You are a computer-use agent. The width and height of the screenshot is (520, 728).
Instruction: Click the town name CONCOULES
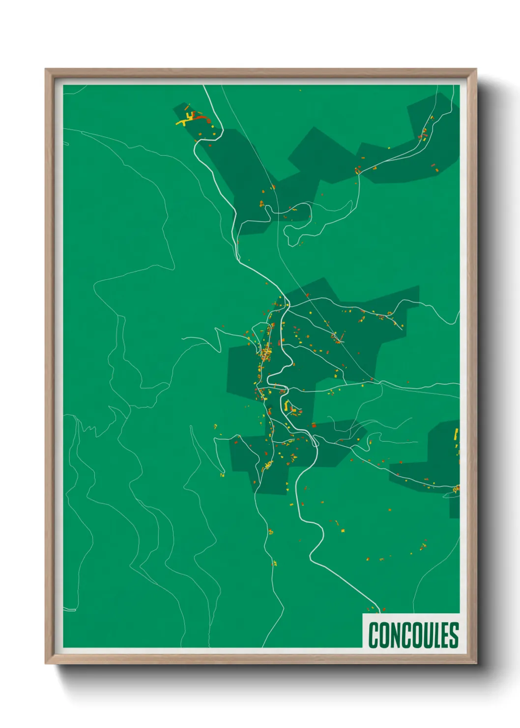413,635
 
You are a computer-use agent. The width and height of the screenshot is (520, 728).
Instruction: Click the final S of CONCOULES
453,635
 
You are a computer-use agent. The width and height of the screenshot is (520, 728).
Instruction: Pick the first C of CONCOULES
374,635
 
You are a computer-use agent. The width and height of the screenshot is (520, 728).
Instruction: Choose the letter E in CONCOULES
443,635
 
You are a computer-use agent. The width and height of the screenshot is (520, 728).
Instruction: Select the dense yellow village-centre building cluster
266,354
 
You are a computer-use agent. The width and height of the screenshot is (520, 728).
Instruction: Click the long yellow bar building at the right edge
456,434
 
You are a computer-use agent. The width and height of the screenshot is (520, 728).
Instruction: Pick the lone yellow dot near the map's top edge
300,90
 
